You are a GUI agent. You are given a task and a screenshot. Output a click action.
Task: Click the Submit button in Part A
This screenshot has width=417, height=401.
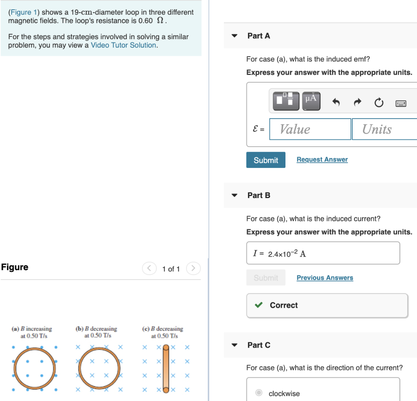[x=266, y=160]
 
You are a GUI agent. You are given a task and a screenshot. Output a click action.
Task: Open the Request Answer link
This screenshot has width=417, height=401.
[x=322, y=160]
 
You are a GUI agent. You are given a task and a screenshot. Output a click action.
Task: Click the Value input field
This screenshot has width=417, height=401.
[x=310, y=129]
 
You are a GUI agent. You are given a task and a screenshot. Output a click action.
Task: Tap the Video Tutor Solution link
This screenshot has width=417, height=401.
[x=123, y=45]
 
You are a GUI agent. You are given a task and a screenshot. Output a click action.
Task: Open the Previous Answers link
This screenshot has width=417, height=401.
[x=325, y=278]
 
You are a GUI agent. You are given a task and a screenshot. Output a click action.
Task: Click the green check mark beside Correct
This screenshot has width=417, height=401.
[x=258, y=305]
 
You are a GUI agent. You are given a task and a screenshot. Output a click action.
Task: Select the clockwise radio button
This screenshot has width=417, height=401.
[x=259, y=393]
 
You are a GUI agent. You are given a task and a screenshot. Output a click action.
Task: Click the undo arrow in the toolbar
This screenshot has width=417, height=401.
[x=336, y=102]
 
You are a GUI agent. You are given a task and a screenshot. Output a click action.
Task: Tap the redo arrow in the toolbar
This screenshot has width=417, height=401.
[x=357, y=102]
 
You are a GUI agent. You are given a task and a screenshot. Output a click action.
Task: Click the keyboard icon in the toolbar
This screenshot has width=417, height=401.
[x=401, y=103]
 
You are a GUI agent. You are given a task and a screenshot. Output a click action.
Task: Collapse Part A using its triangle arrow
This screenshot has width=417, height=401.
[x=234, y=35]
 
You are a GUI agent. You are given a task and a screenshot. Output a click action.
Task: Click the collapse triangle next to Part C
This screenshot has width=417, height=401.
[x=234, y=345]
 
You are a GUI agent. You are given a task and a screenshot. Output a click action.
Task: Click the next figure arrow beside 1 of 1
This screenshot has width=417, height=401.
[x=193, y=269]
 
